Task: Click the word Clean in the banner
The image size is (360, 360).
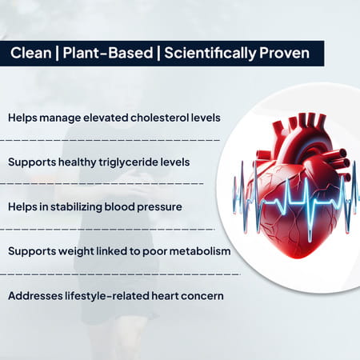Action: click(x=30, y=53)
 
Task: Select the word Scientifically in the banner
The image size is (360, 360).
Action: click(x=206, y=53)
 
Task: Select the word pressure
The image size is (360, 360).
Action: click(x=160, y=206)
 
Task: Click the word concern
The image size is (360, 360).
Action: click(x=202, y=296)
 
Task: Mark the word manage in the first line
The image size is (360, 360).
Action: click(x=58, y=118)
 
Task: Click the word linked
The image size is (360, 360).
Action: click(x=111, y=251)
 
